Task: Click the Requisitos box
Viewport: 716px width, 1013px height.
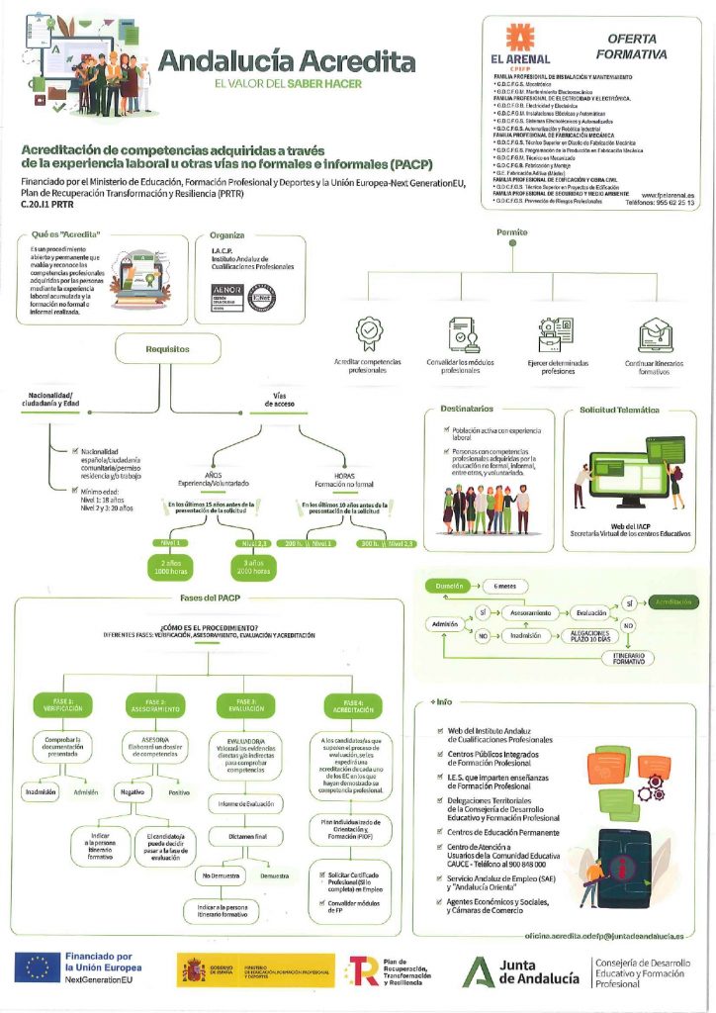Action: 167,349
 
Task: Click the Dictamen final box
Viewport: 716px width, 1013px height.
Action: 246,837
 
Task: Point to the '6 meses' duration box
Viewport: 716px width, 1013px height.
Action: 506,587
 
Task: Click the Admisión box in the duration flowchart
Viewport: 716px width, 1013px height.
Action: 445,625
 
